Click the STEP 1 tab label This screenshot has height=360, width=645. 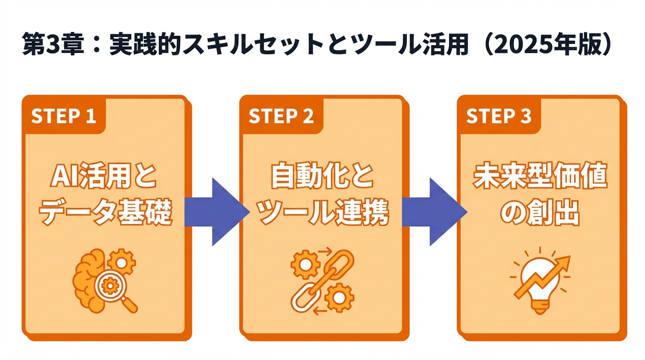tap(63, 116)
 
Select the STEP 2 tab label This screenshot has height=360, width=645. tap(281, 116)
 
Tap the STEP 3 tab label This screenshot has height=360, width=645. tap(498, 116)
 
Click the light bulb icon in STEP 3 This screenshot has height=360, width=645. tap(539, 286)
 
